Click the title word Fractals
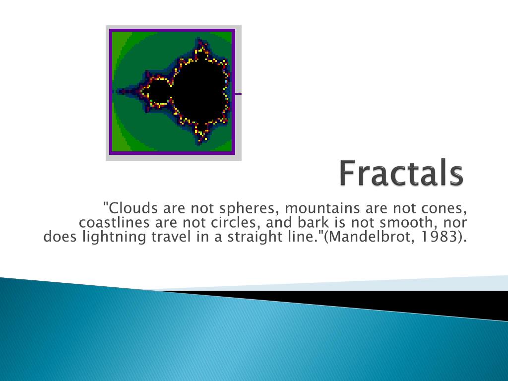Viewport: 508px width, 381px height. pyautogui.click(x=401, y=173)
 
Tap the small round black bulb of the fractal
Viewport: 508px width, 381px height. pyautogui.click(x=158, y=92)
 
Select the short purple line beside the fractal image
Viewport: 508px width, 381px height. pyautogui.click(x=238, y=93)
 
